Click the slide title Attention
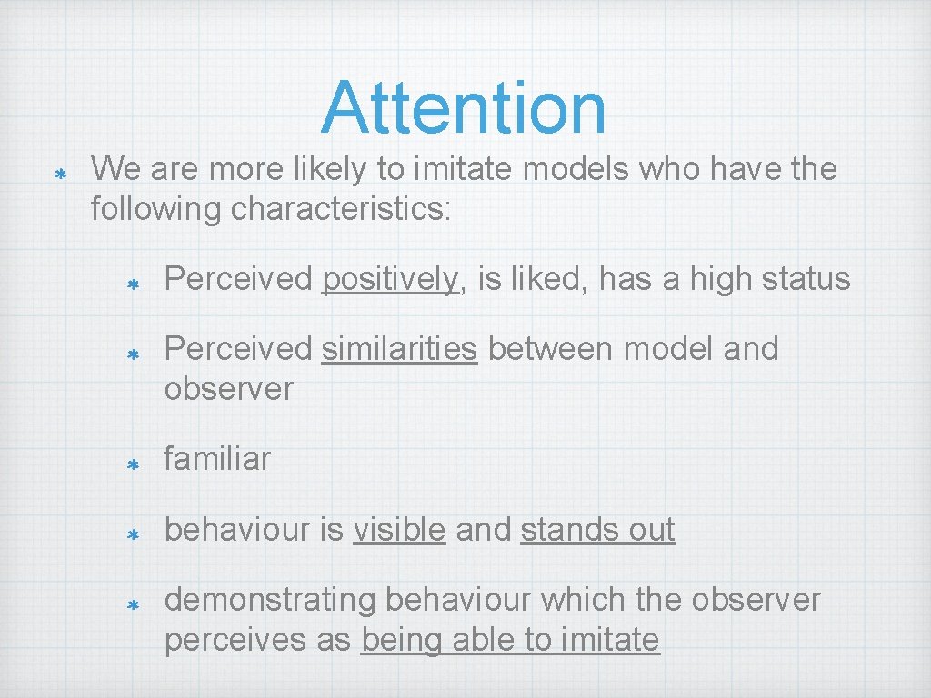[x=463, y=107]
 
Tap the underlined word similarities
[x=399, y=349]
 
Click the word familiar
[x=217, y=459]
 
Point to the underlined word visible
[x=399, y=530]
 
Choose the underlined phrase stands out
[x=597, y=530]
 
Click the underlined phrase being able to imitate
[x=510, y=640]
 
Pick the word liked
[x=549, y=279]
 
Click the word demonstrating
[x=271, y=601]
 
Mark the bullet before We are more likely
[x=59, y=173]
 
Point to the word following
[x=156, y=209]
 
